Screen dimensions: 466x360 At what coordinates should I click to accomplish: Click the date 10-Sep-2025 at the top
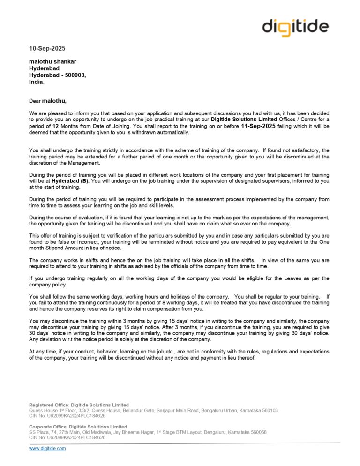(x=47, y=48)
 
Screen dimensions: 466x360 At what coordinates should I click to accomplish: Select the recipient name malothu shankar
(x=52, y=61)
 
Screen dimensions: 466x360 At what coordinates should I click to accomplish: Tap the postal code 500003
(x=74, y=75)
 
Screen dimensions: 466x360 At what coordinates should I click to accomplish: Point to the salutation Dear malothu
(x=48, y=100)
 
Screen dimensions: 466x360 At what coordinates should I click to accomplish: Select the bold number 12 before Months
(x=55, y=126)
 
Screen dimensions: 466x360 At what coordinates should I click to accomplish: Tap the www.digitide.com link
(x=47, y=448)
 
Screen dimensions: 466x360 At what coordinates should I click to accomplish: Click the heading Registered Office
(x=48, y=405)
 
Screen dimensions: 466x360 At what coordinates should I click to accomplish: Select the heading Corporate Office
(x=47, y=427)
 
